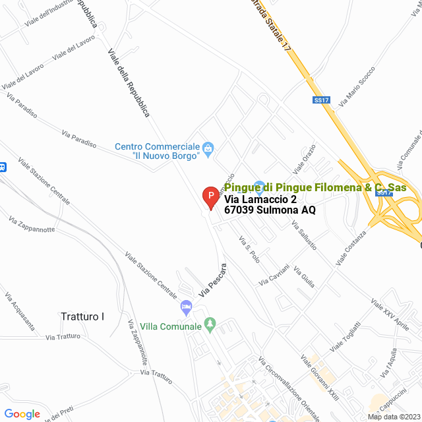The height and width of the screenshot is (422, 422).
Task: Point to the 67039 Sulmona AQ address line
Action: (270, 210)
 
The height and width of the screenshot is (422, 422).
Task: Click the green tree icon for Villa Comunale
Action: (210, 324)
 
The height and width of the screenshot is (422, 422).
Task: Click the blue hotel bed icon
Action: (187, 307)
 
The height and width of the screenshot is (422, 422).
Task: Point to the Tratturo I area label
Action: (82, 316)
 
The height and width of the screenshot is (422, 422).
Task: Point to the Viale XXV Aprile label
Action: (390, 314)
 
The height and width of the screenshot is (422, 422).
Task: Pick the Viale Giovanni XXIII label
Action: (319, 377)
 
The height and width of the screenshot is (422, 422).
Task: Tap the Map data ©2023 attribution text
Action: (393, 417)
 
